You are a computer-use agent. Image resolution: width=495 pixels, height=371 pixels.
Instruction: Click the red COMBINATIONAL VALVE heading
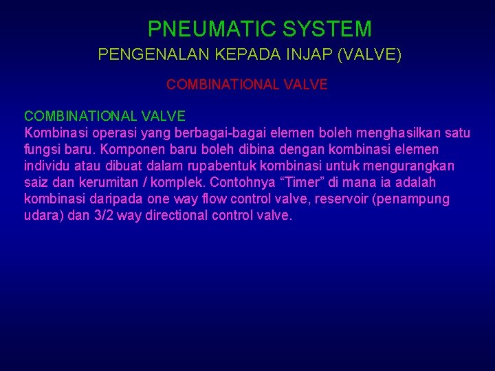click(x=247, y=85)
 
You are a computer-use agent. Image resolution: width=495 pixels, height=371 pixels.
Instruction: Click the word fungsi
click(x=42, y=149)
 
